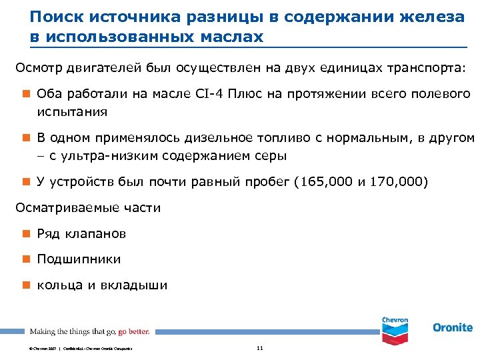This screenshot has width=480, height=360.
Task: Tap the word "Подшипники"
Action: point(79,259)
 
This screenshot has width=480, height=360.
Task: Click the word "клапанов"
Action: point(95,234)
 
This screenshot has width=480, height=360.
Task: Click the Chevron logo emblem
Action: point(395,326)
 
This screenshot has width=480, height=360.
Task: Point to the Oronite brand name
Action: point(453,327)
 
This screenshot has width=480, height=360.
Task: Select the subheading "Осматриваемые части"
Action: point(88,208)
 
